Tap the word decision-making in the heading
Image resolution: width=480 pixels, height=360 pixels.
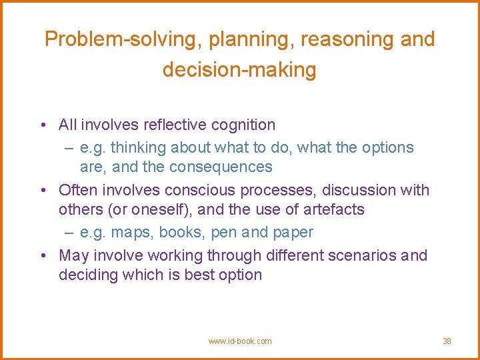point(239,69)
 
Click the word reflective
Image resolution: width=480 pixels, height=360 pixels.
point(166,125)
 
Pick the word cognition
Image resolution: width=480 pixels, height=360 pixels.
point(243,125)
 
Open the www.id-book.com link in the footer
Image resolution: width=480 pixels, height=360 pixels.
point(240,341)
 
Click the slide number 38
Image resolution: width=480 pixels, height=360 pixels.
point(447,341)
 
